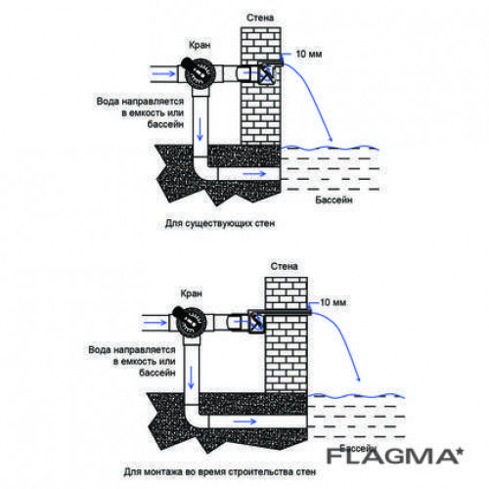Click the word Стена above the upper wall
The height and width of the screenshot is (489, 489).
[260, 18]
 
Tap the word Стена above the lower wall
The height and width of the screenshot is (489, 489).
[284, 266]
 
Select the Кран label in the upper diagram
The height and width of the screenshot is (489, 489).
[200, 45]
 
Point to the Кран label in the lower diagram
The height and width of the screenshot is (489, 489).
[192, 293]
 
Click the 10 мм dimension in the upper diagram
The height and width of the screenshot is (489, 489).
[309, 54]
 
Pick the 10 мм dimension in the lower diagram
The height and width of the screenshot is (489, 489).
[333, 302]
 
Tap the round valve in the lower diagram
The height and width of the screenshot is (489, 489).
[191, 323]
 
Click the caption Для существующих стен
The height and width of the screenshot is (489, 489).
[220, 224]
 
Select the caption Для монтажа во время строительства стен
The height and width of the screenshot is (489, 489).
[220, 471]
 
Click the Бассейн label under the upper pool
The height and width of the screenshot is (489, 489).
[333, 200]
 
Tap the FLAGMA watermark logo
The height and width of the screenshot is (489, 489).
[395, 456]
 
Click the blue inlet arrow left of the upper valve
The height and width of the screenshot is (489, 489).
[164, 73]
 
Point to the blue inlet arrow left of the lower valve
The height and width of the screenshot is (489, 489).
[156, 323]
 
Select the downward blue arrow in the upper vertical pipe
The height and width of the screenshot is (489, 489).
[200, 129]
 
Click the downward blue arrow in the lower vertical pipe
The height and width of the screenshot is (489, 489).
[191, 378]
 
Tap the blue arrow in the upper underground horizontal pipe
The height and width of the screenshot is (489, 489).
[254, 174]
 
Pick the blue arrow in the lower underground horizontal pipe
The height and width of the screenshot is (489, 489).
[245, 422]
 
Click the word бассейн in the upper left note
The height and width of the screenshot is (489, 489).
[165, 124]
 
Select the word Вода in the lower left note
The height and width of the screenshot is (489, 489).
[99, 350]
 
